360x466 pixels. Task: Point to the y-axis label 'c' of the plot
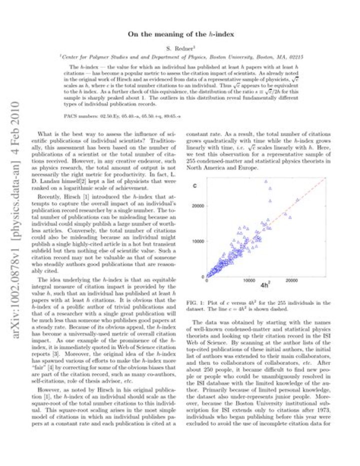pyautogui.click(x=196, y=186)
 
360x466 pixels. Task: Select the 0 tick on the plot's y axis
pyautogui.click(x=203, y=276)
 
